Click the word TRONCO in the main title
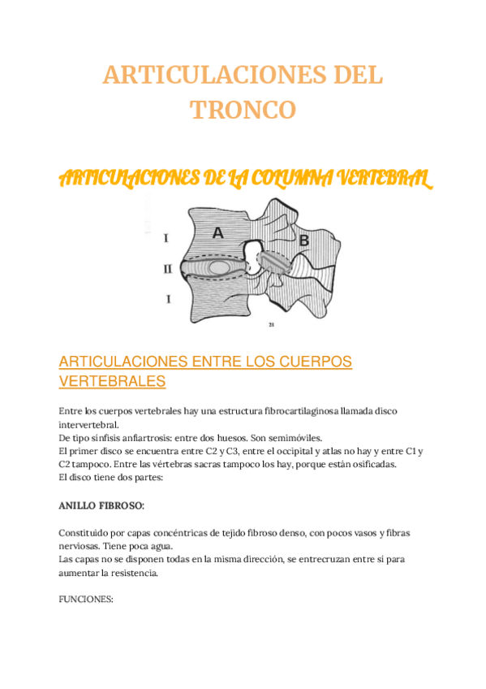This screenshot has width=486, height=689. pos(243,110)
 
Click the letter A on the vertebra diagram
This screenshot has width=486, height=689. pos(217,233)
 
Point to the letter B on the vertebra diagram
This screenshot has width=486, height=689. pos(304,240)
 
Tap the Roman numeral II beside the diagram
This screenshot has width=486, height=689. pos(167,268)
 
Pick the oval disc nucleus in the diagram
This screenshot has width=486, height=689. pos(218,266)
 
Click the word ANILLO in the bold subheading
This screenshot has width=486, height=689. pos(77,506)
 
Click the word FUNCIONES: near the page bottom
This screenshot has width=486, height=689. pos(85,600)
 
